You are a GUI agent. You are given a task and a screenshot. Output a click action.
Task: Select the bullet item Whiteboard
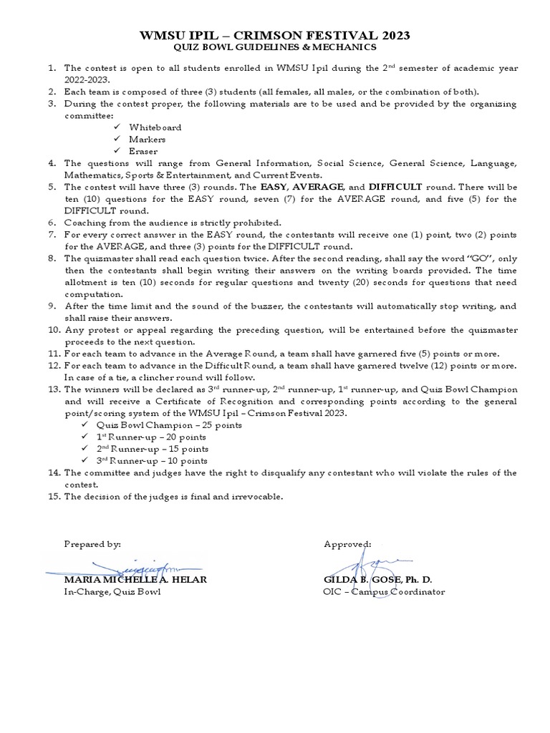[155, 127]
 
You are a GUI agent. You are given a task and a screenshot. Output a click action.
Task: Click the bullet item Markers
[147, 139]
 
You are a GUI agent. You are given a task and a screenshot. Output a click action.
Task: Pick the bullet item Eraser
[144, 151]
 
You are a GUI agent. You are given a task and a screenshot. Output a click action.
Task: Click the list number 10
[54, 329]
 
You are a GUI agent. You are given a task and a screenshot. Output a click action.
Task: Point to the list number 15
[54, 496]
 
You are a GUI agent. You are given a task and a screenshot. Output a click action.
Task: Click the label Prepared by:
[92, 544]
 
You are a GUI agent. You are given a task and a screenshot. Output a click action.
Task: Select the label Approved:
[347, 544]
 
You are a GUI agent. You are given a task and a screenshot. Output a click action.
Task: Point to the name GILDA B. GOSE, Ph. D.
[378, 579]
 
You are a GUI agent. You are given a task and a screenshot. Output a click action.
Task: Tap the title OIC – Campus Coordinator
[384, 591]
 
